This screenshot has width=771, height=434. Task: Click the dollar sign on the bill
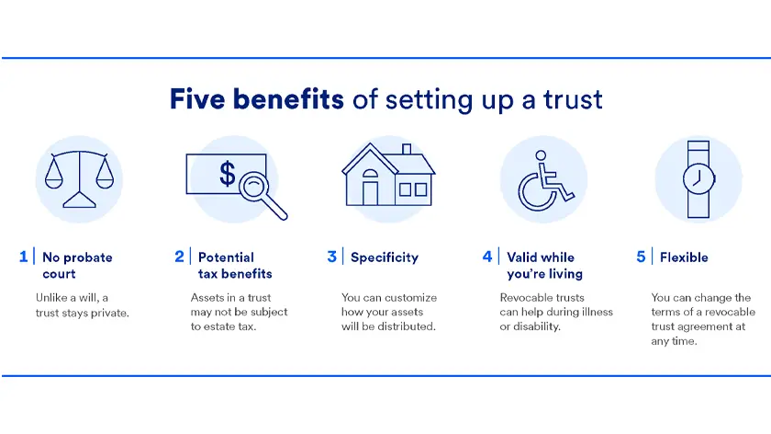point(227,175)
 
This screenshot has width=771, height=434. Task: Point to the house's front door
point(370,192)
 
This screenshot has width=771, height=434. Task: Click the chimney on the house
point(406,149)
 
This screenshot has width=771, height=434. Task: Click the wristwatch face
point(698,178)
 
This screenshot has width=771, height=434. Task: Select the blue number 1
point(24,257)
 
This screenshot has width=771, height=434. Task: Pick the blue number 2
point(179,257)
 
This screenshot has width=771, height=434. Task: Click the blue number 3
point(332,257)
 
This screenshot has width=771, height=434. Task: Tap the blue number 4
point(487,257)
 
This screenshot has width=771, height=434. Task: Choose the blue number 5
point(641,257)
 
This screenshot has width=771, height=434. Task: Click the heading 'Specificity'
point(385,257)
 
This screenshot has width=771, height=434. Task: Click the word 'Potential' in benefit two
point(226,257)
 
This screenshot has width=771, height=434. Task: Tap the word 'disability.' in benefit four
point(537,326)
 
